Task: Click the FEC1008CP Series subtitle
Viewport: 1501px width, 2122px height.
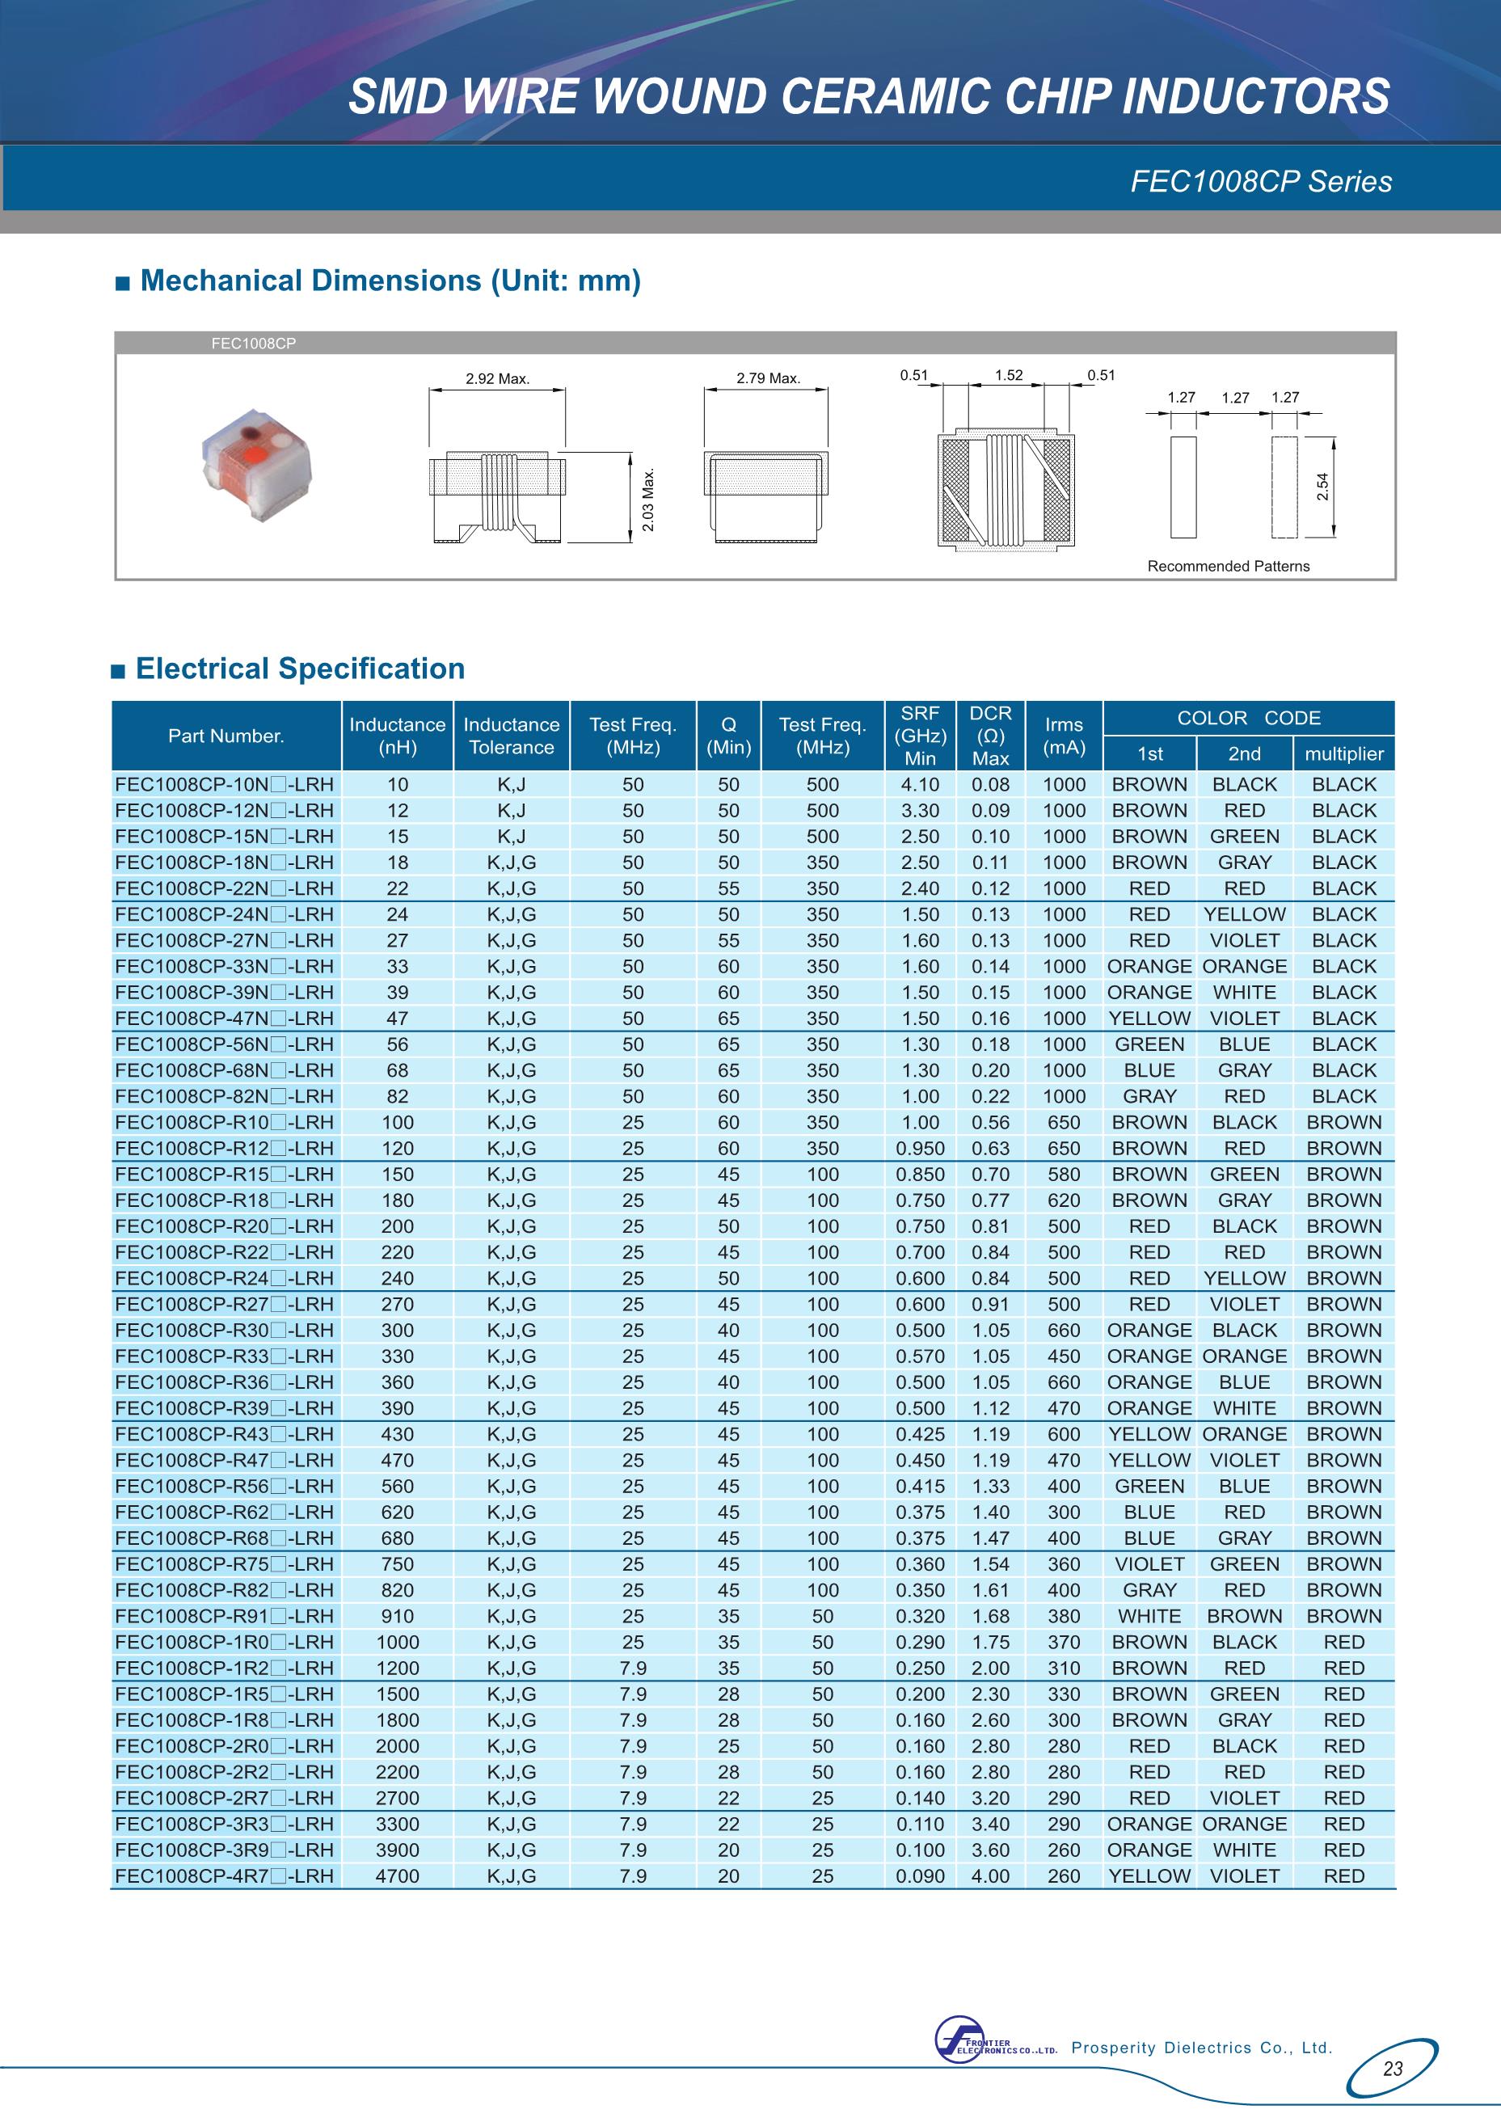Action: click(x=1261, y=181)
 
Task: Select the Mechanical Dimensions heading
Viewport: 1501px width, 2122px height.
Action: click(x=389, y=281)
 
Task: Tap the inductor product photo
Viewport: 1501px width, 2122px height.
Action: click(x=258, y=463)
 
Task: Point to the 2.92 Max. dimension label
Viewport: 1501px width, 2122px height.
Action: click(x=497, y=379)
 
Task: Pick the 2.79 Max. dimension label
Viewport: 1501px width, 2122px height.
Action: click(x=768, y=378)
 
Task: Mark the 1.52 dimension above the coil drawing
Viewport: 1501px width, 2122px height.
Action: click(x=1009, y=375)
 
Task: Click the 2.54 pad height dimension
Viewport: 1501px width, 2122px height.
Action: click(x=1322, y=486)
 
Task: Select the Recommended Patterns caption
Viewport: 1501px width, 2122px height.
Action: click(x=1229, y=567)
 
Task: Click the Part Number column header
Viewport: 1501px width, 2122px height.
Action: click(x=226, y=736)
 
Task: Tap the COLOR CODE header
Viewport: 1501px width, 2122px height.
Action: click(x=1249, y=718)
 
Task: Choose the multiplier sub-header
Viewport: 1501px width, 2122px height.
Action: click(x=1344, y=754)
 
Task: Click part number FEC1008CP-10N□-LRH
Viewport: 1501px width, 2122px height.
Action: click(x=224, y=785)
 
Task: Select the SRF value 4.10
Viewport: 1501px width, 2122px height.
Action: click(x=920, y=785)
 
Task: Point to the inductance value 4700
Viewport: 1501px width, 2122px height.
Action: click(x=398, y=1876)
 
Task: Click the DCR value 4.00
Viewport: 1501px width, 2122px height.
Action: click(x=990, y=1876)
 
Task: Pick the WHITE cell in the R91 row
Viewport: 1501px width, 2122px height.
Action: click(x=1149, y=1617)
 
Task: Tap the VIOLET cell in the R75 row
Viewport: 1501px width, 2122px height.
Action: click(x=1149, y=1565)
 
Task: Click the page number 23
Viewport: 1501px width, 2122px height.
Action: click(x=1393, y=2069)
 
